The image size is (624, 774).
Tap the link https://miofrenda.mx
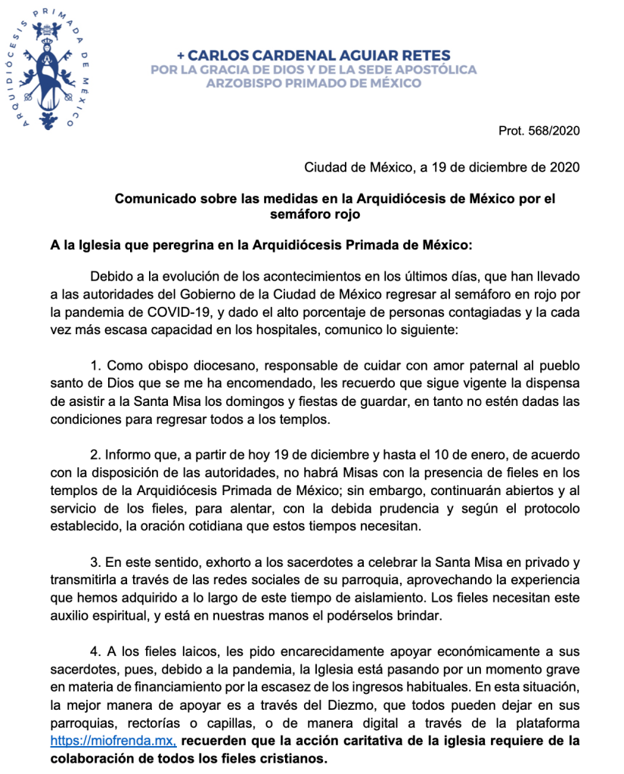(x=113, y=741)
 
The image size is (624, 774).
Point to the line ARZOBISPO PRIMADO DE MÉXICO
(x=314, y=83)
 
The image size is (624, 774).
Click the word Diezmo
(x=348, y=705)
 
